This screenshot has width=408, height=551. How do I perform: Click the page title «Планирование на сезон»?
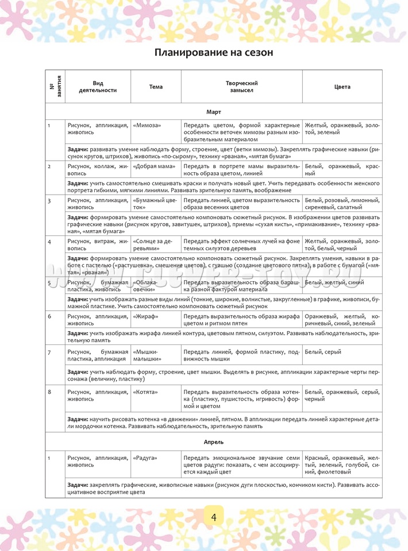[x=213, y=53]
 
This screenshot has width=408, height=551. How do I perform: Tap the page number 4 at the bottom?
[x=213, y=517]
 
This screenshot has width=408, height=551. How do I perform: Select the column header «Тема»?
[x=156, y=87]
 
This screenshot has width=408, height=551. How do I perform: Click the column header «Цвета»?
[x=342, y=87]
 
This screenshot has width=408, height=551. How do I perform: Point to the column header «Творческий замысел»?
[x=241, y=87]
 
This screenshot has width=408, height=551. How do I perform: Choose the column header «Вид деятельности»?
[x=98, y=87]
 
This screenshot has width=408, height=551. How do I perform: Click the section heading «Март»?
[x=213, y=111]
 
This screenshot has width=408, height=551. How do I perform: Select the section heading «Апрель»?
[x=213, y=442]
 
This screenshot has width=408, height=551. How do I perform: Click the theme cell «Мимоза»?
[x=147, y=125]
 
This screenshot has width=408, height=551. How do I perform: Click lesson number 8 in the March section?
[x=49, y=391]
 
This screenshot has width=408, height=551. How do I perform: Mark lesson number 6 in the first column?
[x=49, y=316]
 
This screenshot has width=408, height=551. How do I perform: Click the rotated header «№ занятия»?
[x=55, y=87]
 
